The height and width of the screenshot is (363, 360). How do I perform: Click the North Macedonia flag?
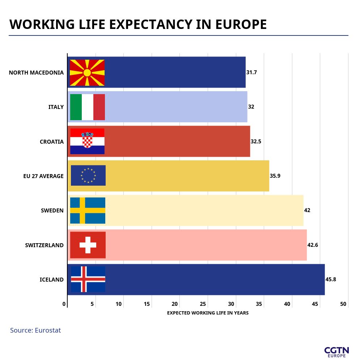pyautogui.click(x=87, y=73)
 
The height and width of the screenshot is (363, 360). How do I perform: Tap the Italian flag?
pyautogui.click(x=87, y=107)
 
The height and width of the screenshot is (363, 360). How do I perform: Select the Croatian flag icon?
pyautogui.click(x=87, y=142)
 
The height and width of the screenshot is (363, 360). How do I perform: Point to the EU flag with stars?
pyautogui.click(x=88, y=176)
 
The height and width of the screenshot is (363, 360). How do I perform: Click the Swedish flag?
pyautogui.click(x=88, y=211)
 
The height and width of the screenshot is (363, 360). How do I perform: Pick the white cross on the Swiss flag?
pyautogui.click(x=88, y=245)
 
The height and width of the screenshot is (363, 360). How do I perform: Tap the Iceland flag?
pyautogui.click(x=88, y=279)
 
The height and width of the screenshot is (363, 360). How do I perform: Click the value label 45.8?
pyautogui.click(x=331, y=279)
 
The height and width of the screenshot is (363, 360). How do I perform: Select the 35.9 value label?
pyautogui.click(x=275, y=176)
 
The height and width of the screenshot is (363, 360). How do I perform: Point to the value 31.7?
pyautogui.click(x=251, y=72)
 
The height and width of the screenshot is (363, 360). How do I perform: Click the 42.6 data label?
pyautogui.click(x=313, y=245)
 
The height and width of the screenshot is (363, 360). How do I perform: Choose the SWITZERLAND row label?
pyautogui.click(x=44, y=245)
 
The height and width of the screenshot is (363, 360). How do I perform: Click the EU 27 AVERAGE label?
pyautogui.click(x=43, y=176)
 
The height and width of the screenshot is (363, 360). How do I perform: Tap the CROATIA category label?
pyautogui.click(x=52, y=142)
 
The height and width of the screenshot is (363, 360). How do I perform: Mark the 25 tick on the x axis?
pyautogui.click(x=203, y=304)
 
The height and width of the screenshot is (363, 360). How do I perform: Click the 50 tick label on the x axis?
pyautogui.click(x=343, y=304)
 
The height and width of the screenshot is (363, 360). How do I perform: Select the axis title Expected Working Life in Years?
pyautogui.click(x=208, y=313)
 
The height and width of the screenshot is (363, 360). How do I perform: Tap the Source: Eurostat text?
pyautogui.click(x=35, y=330)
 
